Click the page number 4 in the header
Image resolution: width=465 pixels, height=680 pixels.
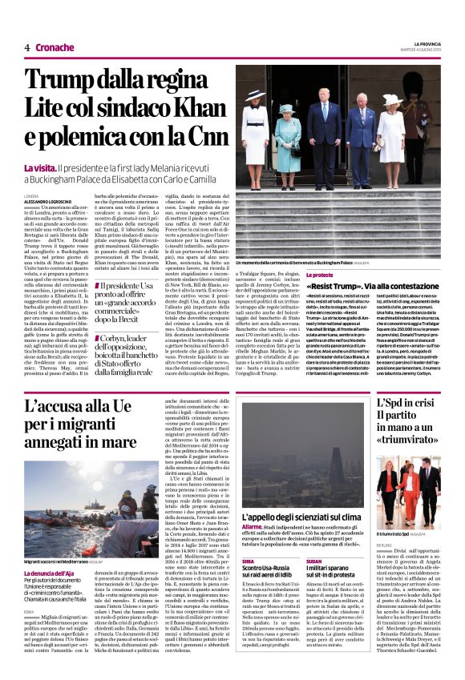pos(27,47)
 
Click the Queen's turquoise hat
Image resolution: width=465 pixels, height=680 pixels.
pos(286,108)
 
